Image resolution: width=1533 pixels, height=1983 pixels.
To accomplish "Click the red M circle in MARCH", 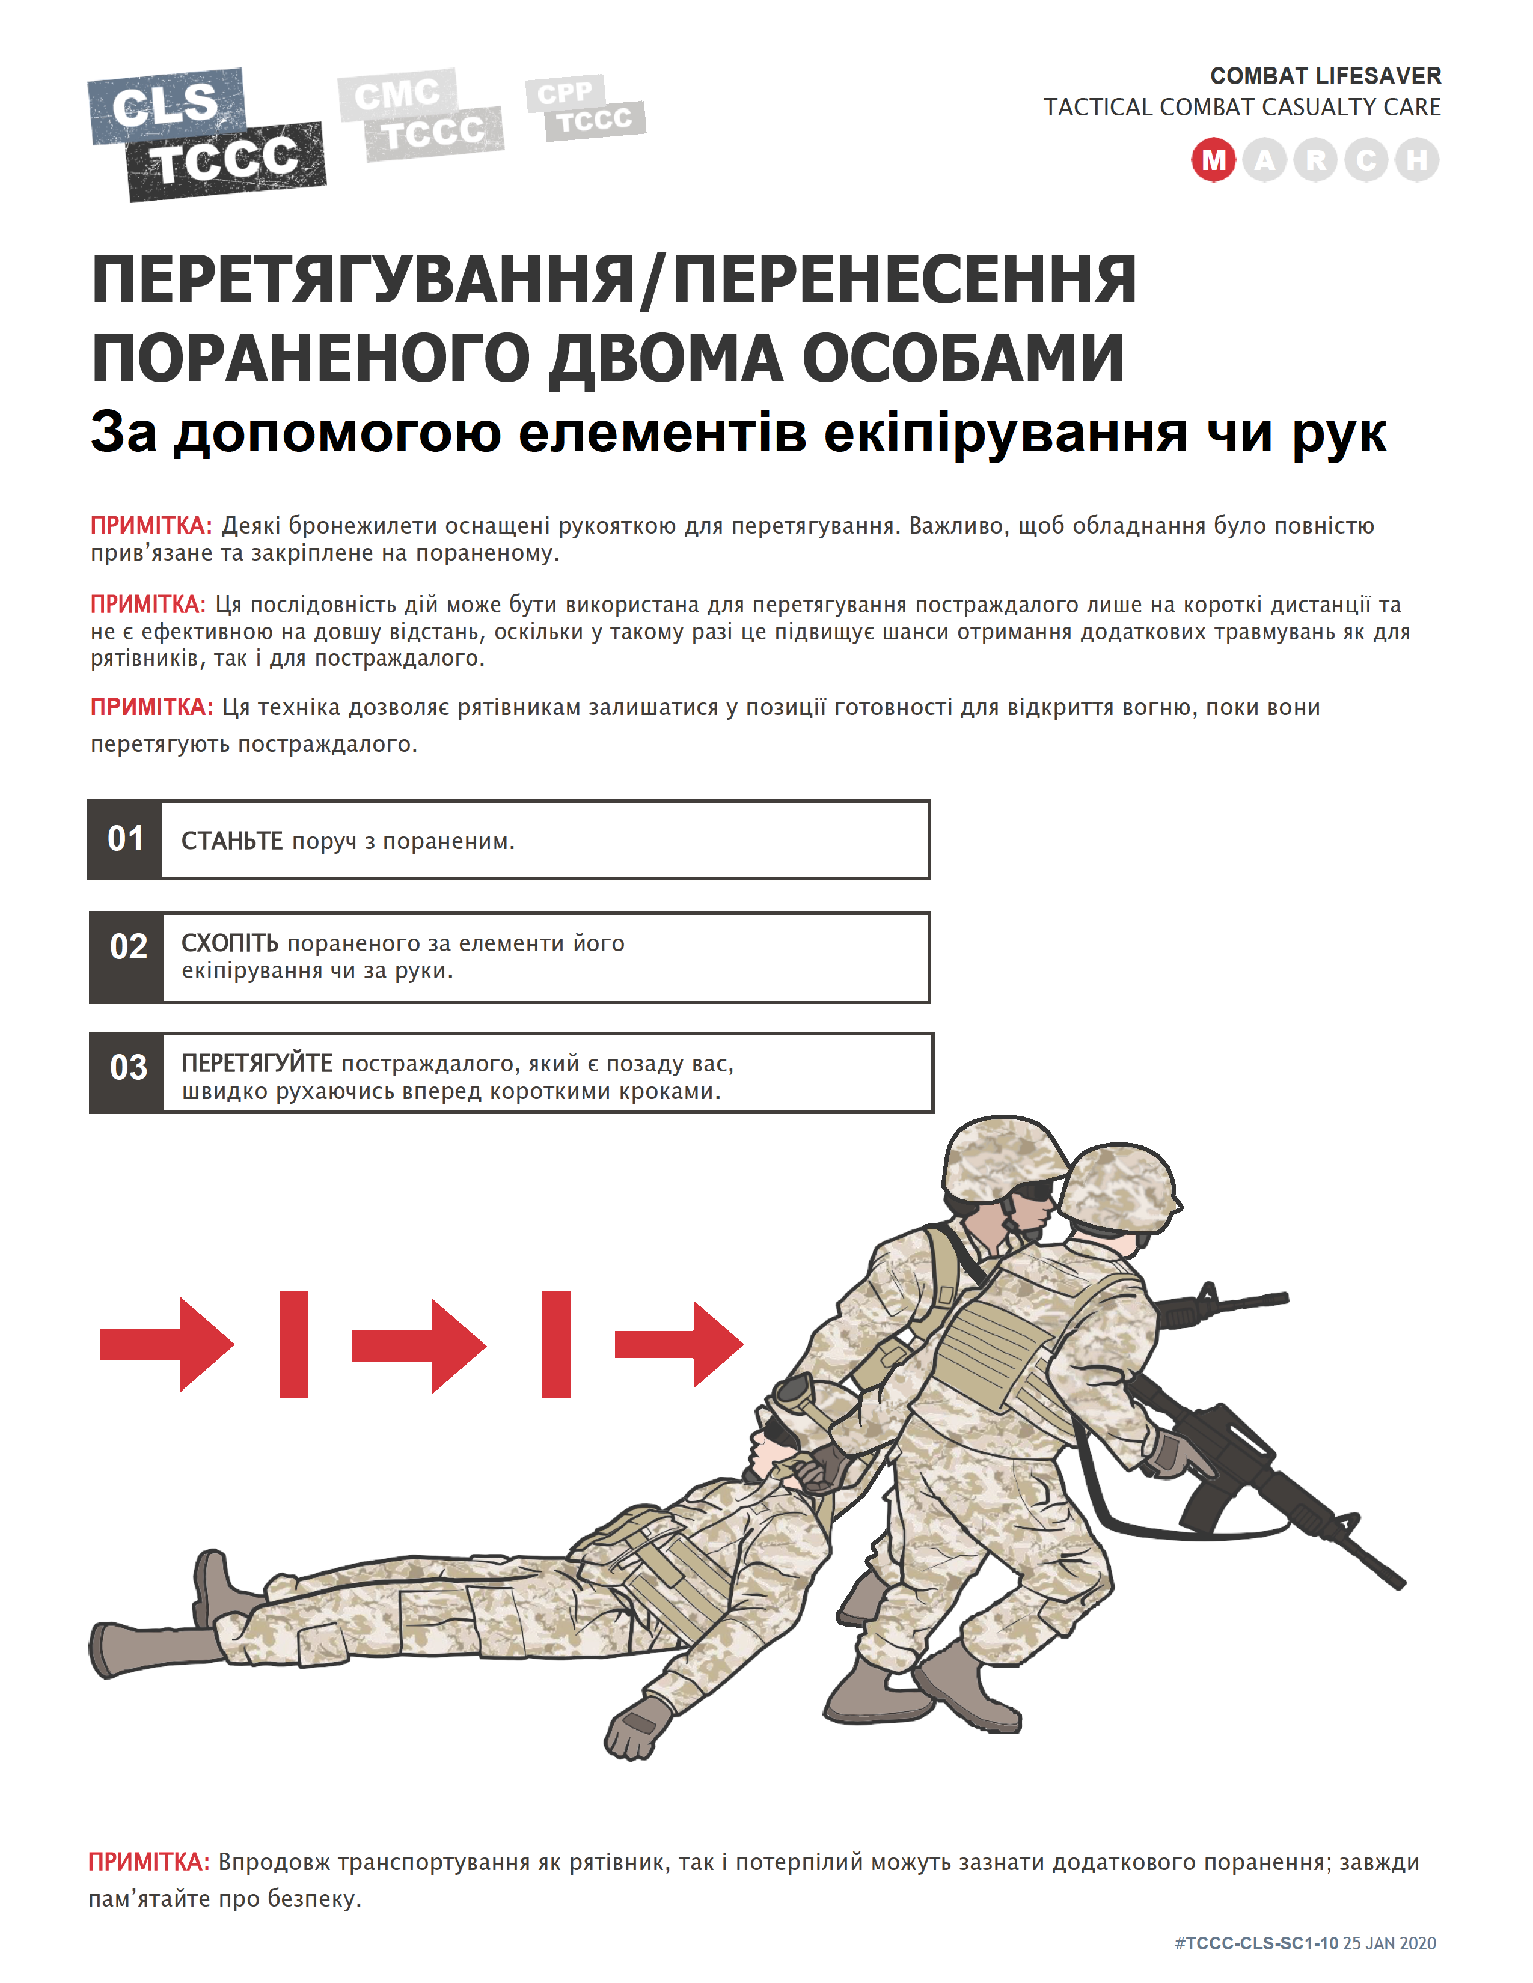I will [x=1213, y=160].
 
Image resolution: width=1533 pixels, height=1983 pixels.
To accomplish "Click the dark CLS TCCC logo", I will [x=207, y=135].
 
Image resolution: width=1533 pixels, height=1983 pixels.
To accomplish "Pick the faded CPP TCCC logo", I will [x=585, y=108].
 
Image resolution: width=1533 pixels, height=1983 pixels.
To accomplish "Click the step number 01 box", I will [x=125, y=839].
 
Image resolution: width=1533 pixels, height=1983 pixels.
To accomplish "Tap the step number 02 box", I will [x=127, y=957].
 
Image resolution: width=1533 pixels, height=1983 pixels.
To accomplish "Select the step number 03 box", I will [x=127, y=1072].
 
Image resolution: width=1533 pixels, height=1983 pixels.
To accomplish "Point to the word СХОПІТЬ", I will [x=230, y=943].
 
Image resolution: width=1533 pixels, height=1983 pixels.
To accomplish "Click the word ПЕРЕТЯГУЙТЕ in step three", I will [x=257, y=1063].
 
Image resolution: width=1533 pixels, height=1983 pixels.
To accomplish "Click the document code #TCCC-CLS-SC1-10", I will [x=1256, y=1943].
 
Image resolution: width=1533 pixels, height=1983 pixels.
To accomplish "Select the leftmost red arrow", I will [x=166, y=1344].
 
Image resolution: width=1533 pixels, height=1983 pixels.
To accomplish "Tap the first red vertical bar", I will [x=293, y=1344].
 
